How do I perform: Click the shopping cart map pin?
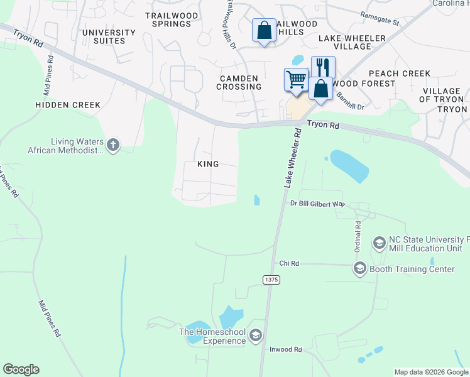[x=295, y=80]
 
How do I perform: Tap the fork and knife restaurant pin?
[x=323, y=67]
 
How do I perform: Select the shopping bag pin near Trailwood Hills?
[x=264, y=30]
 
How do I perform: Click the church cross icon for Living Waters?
[x=112, y=145]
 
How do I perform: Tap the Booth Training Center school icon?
[x=360, y=269]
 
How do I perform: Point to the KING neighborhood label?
[x=208, y=164]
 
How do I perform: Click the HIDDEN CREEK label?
[x=68, y=105]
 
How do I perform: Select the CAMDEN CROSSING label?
[x=238, y=82]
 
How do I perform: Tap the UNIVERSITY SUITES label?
[x=108, y=36]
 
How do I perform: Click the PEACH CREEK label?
[x=400, y=74]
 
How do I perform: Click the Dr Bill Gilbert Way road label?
[x=318, y=204]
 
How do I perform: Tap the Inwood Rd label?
[x=286, y=349]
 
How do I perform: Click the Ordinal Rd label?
[x=357, y=234]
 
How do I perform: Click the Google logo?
[x=21, y=369]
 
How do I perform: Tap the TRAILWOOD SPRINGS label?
[x=172, y=19]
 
